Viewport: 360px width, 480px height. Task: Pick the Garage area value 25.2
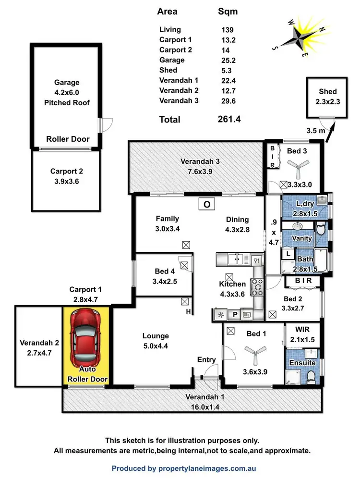(226, 60)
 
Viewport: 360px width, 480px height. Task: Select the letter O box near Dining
(207, 204)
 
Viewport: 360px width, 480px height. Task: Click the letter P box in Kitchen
(235, 315)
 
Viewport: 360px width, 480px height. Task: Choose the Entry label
(206, 359)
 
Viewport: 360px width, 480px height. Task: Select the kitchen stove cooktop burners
(258, 287)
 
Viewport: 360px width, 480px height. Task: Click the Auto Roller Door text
(87, 374)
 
